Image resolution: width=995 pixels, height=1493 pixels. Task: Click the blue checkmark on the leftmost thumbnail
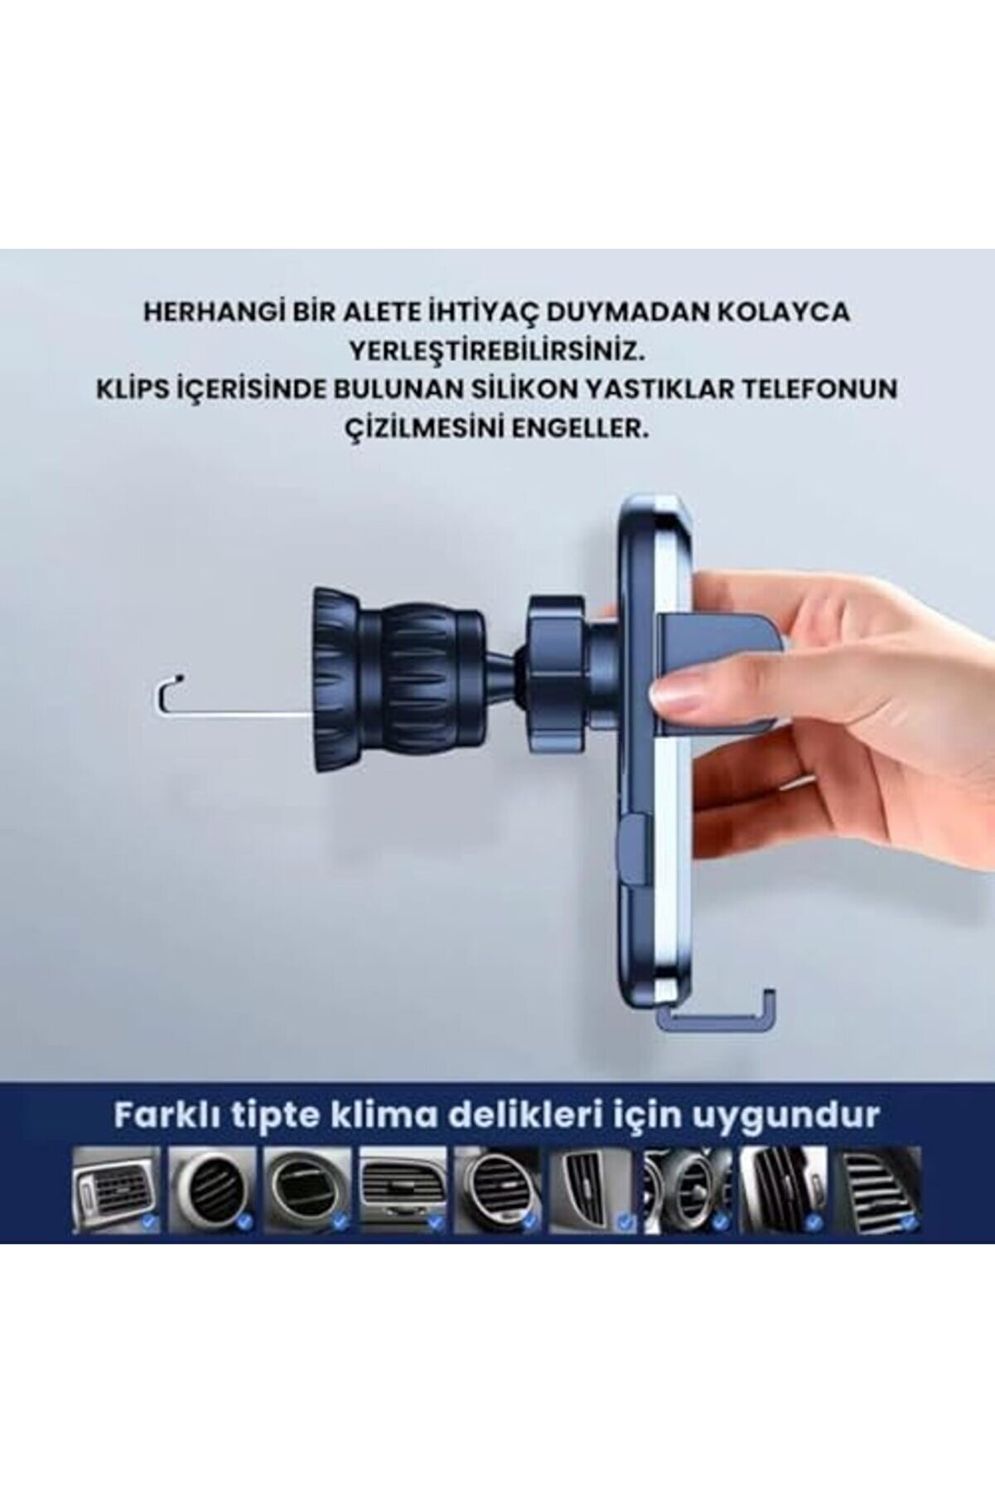point(149,1220)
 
